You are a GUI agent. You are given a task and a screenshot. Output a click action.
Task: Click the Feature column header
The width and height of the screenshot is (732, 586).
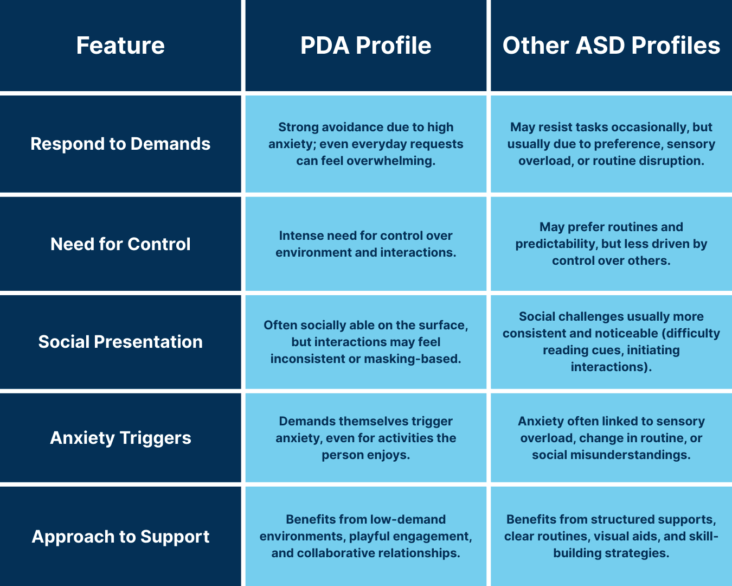(x=120, y=46)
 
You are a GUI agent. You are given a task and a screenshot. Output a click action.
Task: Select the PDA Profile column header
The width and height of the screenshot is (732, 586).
(x=366, y=46)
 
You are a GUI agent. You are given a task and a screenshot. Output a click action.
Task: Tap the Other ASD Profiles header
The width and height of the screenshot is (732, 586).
(x=611, y=46)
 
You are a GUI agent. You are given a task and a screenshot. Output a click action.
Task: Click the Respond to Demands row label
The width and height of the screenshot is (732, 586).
(x=120, y=144)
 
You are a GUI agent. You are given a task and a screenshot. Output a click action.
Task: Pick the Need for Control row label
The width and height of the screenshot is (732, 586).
(x=120, y=244)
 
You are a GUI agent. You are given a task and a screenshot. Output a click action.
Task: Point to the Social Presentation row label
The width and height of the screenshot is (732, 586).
(x=120, y=342)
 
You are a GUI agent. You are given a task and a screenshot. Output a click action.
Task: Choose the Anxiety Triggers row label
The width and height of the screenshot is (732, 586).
(x=120, y=438)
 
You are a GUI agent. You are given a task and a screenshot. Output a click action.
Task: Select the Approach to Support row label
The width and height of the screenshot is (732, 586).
(x=120, y=537)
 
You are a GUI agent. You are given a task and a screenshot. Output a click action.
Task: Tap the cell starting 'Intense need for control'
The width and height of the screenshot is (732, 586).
(x=366, y=244)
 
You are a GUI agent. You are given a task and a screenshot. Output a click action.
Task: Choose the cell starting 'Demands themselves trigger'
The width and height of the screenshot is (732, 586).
(x=366, y=438)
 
